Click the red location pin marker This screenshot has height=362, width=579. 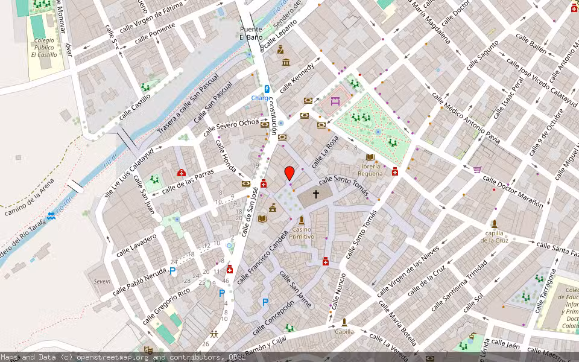click(289, 173)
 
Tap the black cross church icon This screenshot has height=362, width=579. click(315, 194)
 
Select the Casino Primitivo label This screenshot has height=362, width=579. click(302, 233)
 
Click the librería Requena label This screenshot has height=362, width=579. click(370, 169)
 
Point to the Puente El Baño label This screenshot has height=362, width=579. click(251, 33)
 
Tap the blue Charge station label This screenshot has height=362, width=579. click(261, 98)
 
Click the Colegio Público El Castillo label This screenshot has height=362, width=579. click(44, 48)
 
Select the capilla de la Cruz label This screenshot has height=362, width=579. click(494, 237)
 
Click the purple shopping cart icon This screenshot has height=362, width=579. click(478, 170)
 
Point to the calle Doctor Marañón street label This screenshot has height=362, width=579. click(513, 192)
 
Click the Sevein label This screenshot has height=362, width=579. click(102, 281)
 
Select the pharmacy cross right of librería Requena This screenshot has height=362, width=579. click(395, 171)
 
